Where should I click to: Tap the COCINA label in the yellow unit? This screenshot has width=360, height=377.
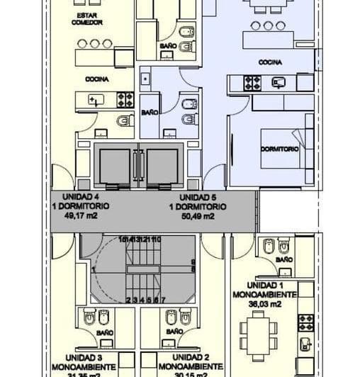(x=96, y=79)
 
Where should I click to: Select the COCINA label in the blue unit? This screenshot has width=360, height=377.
(x=270, y=62)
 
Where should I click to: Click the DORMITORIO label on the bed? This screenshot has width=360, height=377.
(x=279, y=150)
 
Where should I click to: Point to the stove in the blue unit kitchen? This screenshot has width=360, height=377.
(x=253, y=82)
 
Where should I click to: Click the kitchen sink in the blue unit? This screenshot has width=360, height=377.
(x=279, y=82)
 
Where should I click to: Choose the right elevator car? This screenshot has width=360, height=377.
(x=162, y=166)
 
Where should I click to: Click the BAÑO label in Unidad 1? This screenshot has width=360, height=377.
(x=284, y=260)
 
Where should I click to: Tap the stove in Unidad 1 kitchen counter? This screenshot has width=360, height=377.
(x=305, y=322)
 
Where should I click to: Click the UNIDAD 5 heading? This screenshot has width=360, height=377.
(x=197, y=197)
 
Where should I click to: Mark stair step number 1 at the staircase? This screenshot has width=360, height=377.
(x=93, y=269)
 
